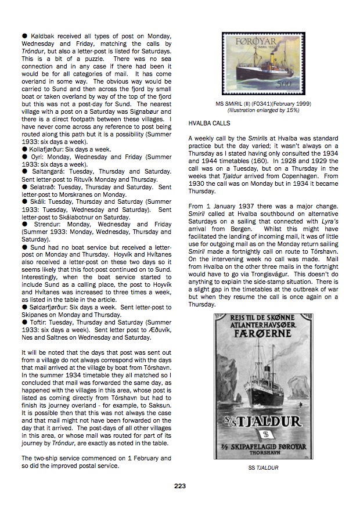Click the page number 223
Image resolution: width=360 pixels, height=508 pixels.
[x=180, y=486]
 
